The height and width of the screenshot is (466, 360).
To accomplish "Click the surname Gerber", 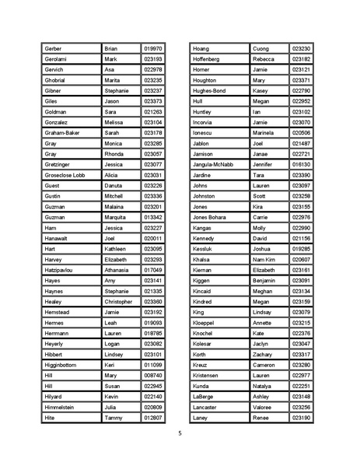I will coord(55,48).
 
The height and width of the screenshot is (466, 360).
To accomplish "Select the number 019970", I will coord(153,48).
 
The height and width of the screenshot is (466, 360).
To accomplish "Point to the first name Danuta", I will coord(114,186).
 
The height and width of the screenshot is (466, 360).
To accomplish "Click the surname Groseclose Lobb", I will coord(68,175).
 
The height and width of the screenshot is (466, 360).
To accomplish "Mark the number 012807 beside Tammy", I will coord(153,418).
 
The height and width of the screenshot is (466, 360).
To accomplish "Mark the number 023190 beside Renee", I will coord(301,418).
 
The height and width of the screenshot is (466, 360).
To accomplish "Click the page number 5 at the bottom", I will coord(180,433).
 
